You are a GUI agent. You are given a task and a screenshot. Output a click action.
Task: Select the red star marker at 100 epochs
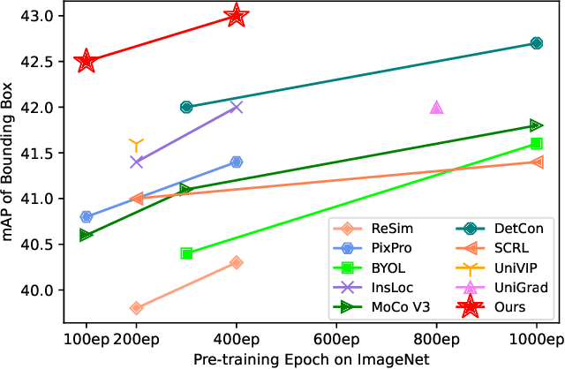pos(86,61)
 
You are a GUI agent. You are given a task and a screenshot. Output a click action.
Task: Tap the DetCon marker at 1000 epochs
pos(536,42)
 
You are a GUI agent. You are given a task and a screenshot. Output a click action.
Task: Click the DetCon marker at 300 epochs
pos(186,107)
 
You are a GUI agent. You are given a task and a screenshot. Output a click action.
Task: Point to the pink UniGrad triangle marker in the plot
pos(436,107)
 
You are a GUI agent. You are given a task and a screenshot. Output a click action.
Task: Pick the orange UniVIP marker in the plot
pos(136,144)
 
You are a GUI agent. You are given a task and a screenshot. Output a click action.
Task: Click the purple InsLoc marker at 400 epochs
pos(236,107)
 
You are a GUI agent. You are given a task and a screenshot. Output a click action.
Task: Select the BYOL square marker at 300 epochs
pos(186,253)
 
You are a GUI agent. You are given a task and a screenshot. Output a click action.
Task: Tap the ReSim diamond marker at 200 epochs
pos(136,308)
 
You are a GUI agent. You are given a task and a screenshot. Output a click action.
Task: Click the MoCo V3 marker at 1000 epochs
pos(536,125)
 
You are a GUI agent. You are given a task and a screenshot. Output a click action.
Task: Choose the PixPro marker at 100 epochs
pos(86,216)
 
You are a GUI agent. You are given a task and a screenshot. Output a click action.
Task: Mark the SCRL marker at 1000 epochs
pos(536,162)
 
